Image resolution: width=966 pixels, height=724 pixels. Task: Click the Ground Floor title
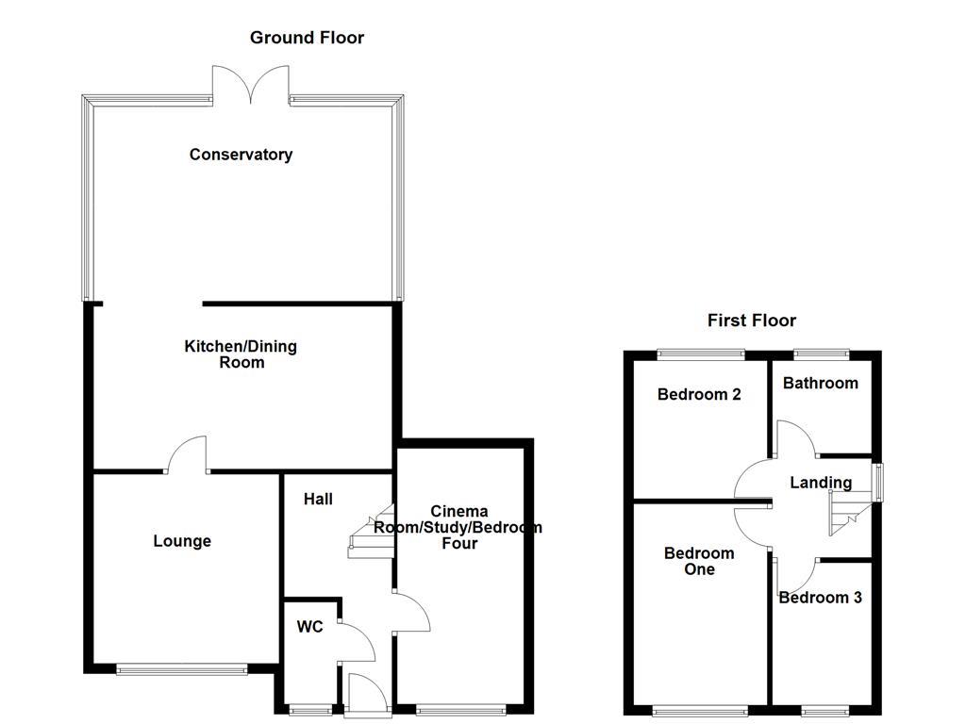pos(307,38)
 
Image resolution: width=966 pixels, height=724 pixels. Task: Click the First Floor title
pos(751,321)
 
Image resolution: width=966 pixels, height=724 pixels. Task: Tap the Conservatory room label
pos(241,155)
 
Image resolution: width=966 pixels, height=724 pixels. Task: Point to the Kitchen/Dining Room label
pos(240,354)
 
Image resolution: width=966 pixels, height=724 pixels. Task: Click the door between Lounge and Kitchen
pos(188,454)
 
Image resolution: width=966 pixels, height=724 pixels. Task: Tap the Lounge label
pos(182,541)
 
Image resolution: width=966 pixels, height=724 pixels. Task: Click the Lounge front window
pos(182,669)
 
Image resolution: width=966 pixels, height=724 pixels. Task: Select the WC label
pos(309,627)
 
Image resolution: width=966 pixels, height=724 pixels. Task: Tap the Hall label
pos(318,499)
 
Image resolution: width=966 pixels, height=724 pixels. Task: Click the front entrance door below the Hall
pos(365,695)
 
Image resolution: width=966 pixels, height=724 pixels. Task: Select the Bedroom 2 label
pos(699,394)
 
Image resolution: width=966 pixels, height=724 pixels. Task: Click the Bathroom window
pos(821,354)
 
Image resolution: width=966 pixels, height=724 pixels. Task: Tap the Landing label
pos(820,483)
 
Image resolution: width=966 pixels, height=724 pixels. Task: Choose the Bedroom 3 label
pos(820,598)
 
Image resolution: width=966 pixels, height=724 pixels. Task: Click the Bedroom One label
pos(699,561)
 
